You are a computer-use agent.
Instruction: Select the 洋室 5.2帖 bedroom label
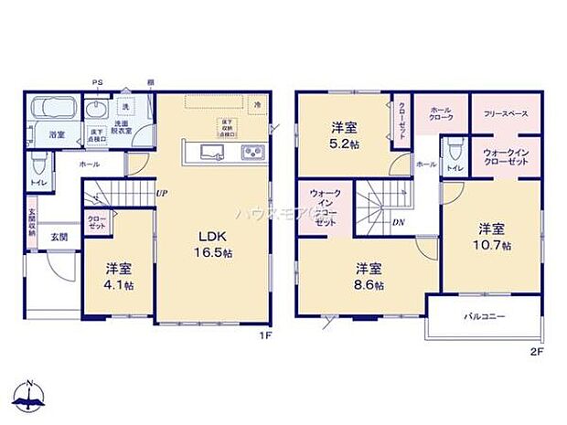coord(345,135)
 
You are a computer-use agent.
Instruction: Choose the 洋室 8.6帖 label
coord(369,275)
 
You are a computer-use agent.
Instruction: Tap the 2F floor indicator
coord(537,350)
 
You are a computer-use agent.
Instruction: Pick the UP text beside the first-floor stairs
coord(161,194)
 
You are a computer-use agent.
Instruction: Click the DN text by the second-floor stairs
coord(399,221)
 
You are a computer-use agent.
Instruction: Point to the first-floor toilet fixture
coord(37,167)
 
